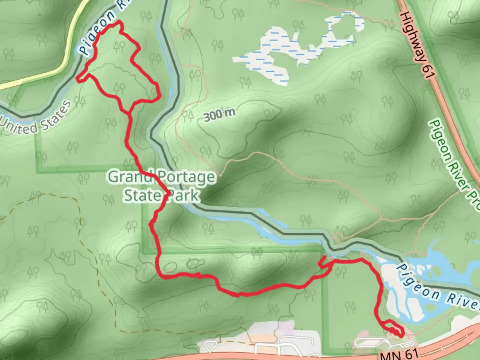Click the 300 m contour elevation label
click(219, 115)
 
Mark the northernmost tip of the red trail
click(118, 22)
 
